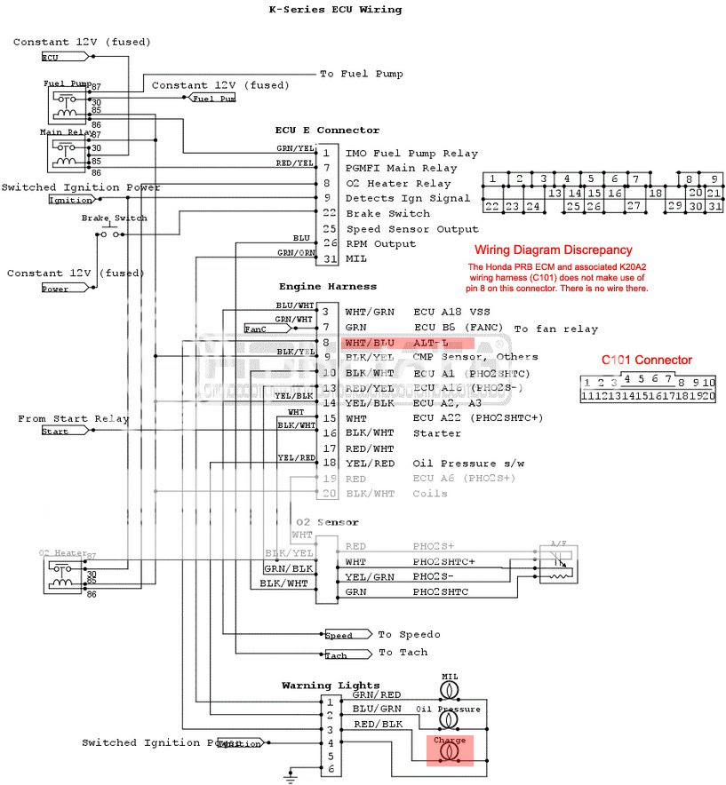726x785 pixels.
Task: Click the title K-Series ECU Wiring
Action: [335, 10]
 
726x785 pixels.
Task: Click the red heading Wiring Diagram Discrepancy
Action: [553, 250]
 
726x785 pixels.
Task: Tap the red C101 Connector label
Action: [646, 360]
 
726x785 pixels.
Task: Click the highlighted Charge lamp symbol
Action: [450, 752]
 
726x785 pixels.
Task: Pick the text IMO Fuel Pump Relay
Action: [411, 154]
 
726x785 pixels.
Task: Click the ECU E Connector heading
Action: [327, 131]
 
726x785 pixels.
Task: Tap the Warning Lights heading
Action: [331, 686]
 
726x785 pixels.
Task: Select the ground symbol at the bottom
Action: [289, 777]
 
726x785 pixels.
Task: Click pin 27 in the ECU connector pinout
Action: [634, 206]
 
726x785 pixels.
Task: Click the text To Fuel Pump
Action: [361, 74]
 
